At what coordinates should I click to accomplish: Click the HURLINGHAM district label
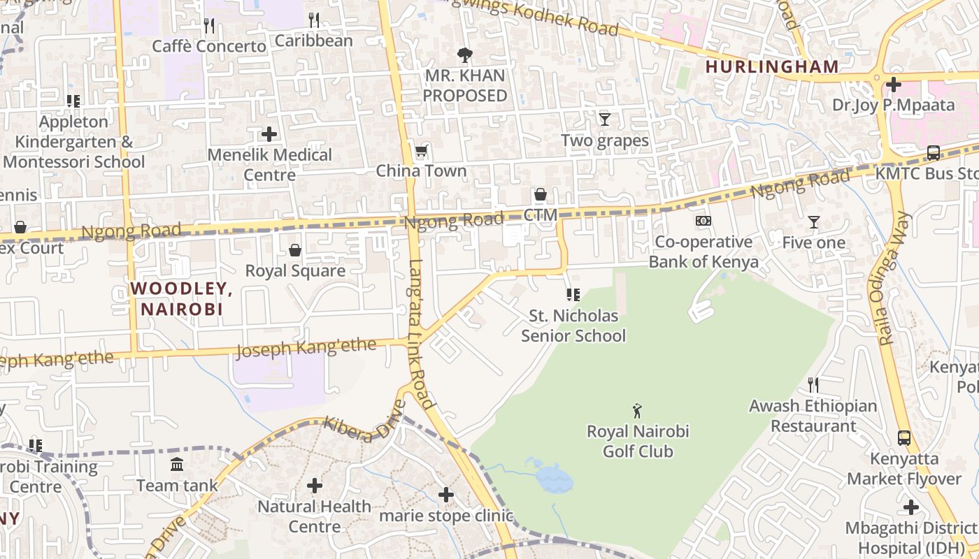[x=771, y=67]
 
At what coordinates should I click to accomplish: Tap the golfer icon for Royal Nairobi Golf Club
[x=637, y=410]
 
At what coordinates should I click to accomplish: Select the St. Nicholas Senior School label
[x=573, y=326]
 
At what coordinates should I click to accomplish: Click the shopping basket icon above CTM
[x=541, y=194]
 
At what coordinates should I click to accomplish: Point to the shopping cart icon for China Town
[x=421, y=151]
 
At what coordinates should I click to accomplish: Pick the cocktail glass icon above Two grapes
[x=605, y=119]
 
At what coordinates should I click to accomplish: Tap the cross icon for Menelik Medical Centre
[x=269, y=134]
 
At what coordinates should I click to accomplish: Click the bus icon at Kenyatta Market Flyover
[x=904, y=438]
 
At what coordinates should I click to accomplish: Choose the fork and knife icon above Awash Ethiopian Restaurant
[x=813, y=385]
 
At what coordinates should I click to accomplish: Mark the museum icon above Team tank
[x=177, y=464]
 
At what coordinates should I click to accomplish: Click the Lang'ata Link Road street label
[x=422, y=333]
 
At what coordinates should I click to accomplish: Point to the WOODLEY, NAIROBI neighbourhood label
[x=180, y=298]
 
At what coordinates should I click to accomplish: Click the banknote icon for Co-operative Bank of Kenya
[x=703, y=221]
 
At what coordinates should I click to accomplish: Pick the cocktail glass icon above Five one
[x=814, y=222]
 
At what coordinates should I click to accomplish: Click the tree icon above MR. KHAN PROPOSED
[x=464, y=55]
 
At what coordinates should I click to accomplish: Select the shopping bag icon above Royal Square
[x=295, y=250]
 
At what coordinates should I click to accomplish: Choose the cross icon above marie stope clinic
[x=446, y=495]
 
